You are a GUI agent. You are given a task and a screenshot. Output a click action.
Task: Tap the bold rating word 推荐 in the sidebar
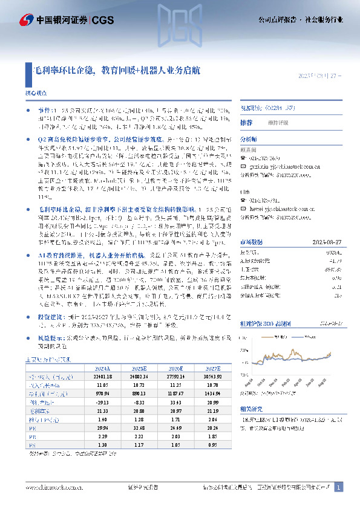click(x=246, y=123)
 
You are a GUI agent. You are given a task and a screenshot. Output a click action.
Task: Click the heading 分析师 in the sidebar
click(x=249, y=138)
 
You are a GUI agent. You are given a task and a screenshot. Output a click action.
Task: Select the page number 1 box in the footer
click(x=339, y=487)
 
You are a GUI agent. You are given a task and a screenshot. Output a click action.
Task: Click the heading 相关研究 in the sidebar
click(x=251, y=408)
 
